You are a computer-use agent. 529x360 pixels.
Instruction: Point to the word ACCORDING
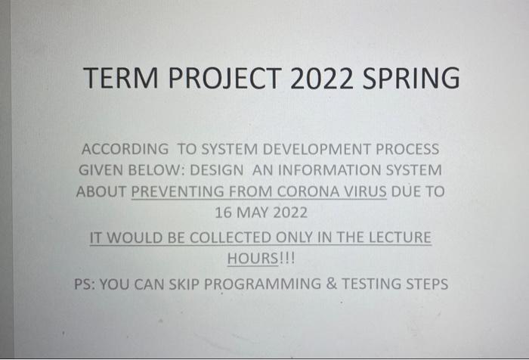click(x=125, y=149)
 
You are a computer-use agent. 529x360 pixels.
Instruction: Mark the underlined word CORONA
click(x=310, y=191)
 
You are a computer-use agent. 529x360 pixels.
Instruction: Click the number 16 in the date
click(x=224, y=213)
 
